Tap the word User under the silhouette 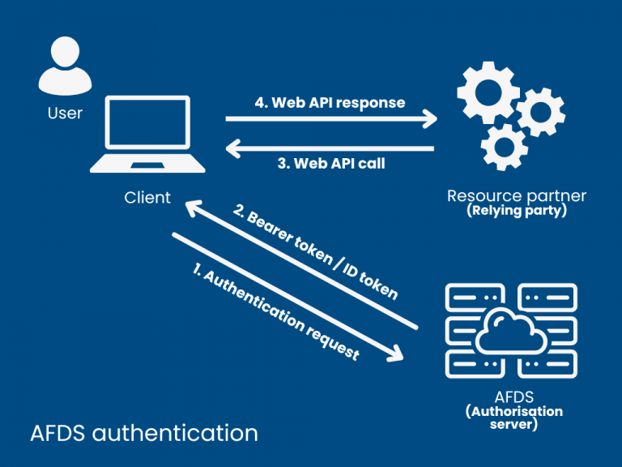[65, 113]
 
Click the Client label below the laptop [147, 197]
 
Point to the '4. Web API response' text [330, 102]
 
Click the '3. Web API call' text [331, 163]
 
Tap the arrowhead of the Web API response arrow [429, 119]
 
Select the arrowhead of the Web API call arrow [233, 148]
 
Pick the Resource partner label [517, 195]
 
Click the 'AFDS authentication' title [144, 432]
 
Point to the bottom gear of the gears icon [504, 147]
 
